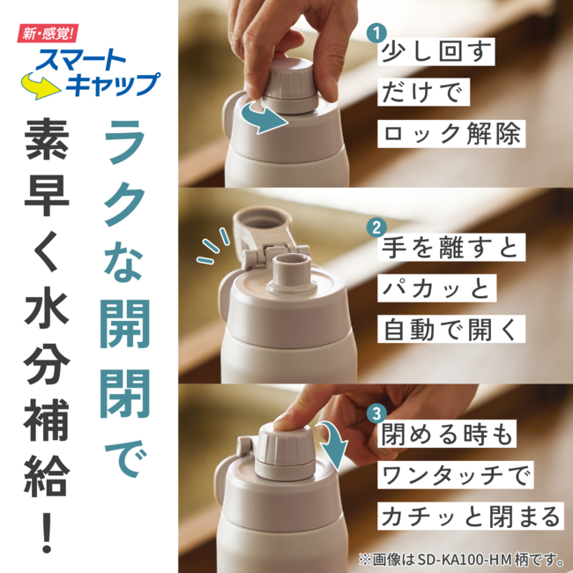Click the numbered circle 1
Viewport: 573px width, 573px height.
coord(376,33)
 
